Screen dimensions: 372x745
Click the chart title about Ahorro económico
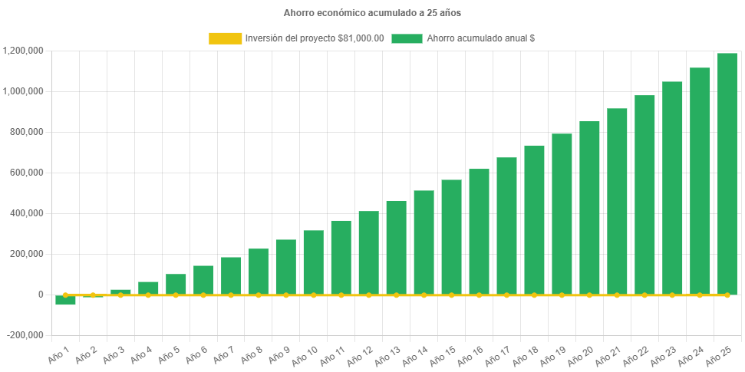click(372, 13)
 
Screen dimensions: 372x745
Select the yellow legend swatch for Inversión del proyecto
click(225, 38)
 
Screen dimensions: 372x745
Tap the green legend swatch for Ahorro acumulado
click(407, 38)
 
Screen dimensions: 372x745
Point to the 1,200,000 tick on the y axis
click(23, 51)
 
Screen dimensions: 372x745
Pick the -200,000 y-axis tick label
click(26, 335)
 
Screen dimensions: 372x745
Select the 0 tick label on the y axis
click(40, 295)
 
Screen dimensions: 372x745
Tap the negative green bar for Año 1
click(65, 301)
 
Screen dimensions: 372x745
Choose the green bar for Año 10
click(313, 262)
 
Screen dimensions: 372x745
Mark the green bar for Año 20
click(589, 207)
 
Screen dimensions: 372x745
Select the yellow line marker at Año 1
click(65, 295)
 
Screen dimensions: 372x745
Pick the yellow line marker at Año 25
click(727, 295)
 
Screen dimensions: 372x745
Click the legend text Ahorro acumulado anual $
click(480, 38)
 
